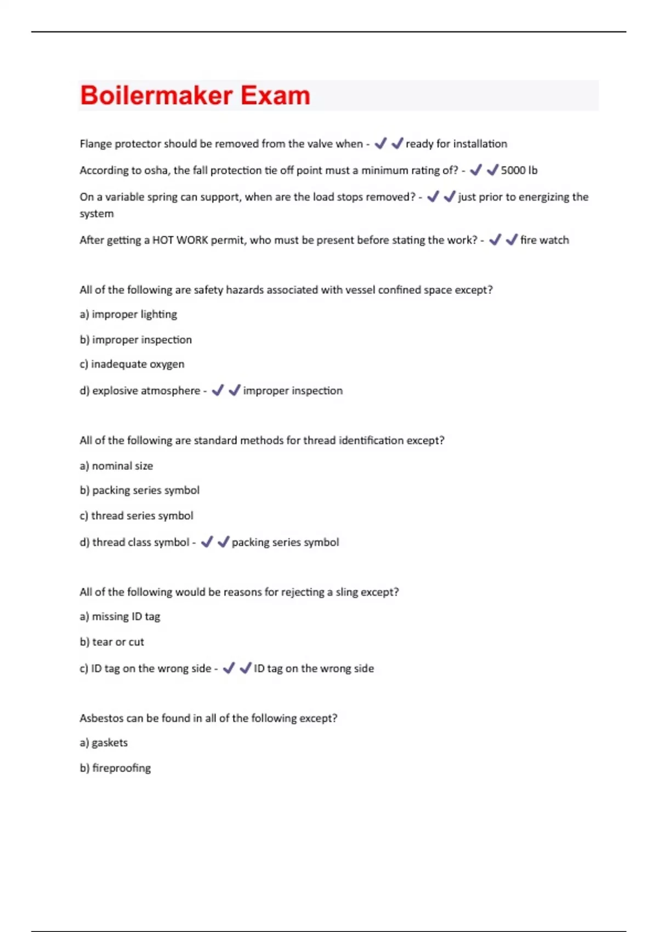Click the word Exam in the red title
[x=275, y=95]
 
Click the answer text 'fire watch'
[x=544, y=240]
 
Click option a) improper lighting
[x=128, y=315]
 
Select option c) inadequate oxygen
[x=132, y=365]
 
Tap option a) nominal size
[x=116, y=466]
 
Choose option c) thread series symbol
[x=136, y=516]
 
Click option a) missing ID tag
[x=120, y=617]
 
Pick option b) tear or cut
[x=112, y=642]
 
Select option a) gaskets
[x=104, y=743]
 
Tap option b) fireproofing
[x=115, y=768]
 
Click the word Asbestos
[x=102, y=718]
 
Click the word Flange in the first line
[x=95, y=144]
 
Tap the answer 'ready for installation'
[x=456, y=144]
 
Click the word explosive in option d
[x=114, y=391]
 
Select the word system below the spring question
[x=97, y=214]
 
